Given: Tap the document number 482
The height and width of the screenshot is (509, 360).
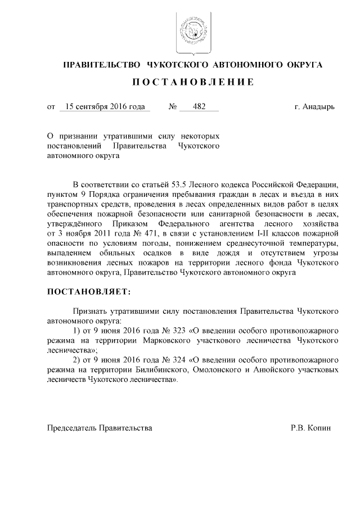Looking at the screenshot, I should click(199, 106).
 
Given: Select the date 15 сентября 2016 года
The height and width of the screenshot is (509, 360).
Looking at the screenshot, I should click(105, 106).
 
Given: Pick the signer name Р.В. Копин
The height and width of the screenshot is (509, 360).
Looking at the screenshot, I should click(311, 428).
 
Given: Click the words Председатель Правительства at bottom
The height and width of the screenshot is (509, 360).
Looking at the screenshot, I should click(99, 428).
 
